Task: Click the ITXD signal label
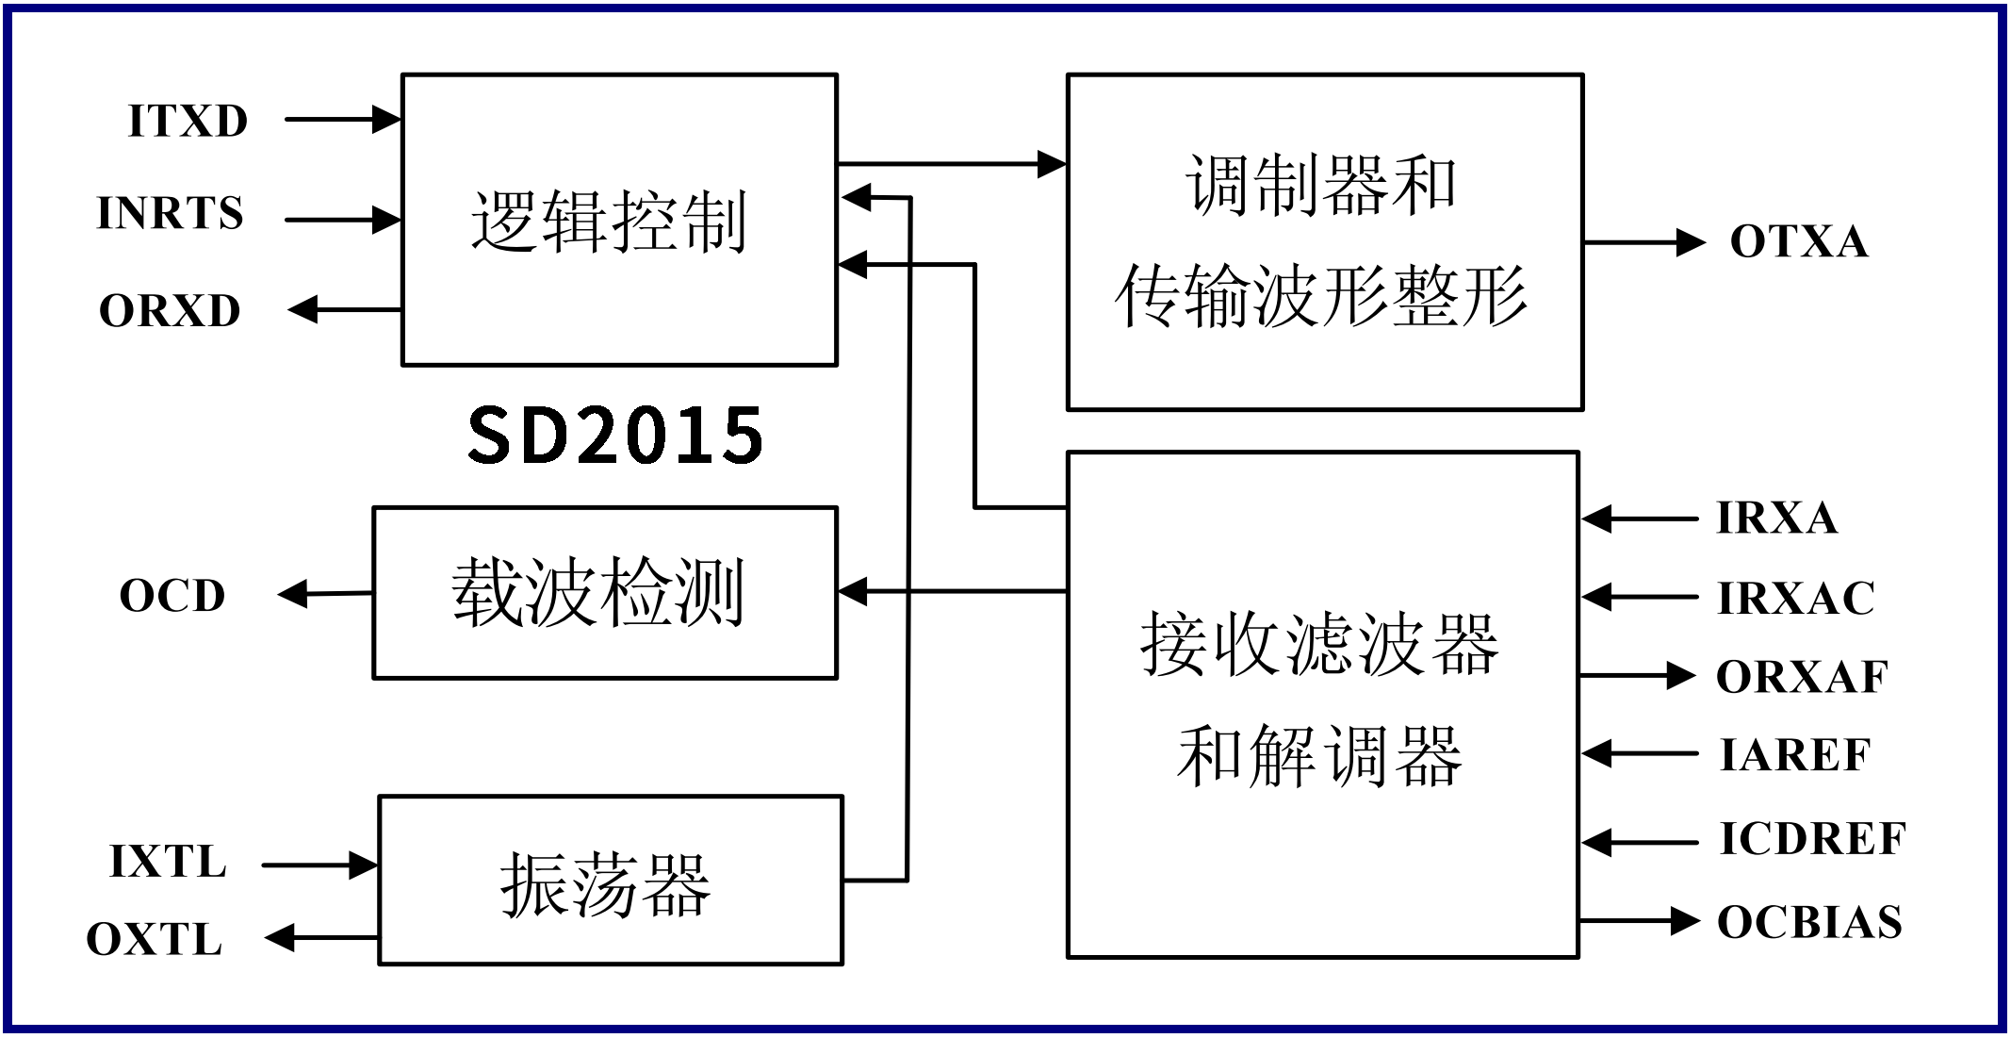(188, 122)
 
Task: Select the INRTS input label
(171, 213)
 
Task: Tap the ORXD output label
(171, 311)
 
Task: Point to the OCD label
(172, 596)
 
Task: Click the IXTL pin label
(169, 862)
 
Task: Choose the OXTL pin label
(155, 940)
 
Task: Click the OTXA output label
(1799, 242)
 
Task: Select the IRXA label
(1777, 518)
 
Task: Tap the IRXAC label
(1796, 598)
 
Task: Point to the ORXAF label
(1802, 677)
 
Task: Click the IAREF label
(1795, 755)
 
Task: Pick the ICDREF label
(1812, 839)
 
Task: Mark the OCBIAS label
(1809, 923)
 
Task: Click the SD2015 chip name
(615, 435)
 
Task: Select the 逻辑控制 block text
(609, 222)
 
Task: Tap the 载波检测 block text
(597, 592)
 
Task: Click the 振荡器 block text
(604, 883)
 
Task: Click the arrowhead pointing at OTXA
(1690, 242)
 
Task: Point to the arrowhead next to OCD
(294, 594)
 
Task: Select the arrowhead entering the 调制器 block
(1051, 164)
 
